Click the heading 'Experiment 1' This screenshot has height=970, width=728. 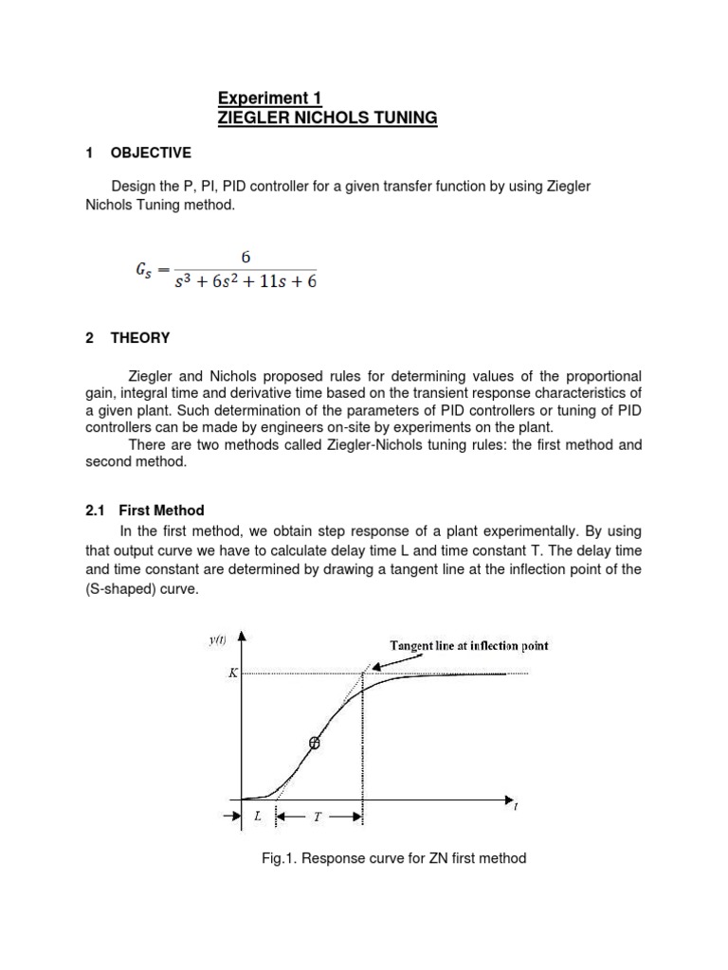click(x=270, y=98)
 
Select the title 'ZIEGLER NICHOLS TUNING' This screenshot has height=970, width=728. click(x=328, y=118)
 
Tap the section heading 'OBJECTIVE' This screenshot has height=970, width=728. click(x=151, y=153)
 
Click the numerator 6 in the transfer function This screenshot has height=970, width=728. click(x=245, y=256)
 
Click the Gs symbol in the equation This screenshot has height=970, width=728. click(x=146, y=270)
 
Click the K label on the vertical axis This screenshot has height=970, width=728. click(x=229, y=674)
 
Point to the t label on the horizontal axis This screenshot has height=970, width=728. click(x=516, y=807)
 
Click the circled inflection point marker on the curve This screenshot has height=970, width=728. click(x=315, y=744)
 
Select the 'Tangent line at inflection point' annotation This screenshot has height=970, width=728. click(x=469, y=646)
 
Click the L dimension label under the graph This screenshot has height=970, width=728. click(x=257, y=816)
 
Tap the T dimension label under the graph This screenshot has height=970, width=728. click(x=318, y=816)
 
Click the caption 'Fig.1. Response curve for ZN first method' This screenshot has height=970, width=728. click(x=393, y=858)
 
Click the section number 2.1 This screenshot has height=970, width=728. click(x=95, y=510)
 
